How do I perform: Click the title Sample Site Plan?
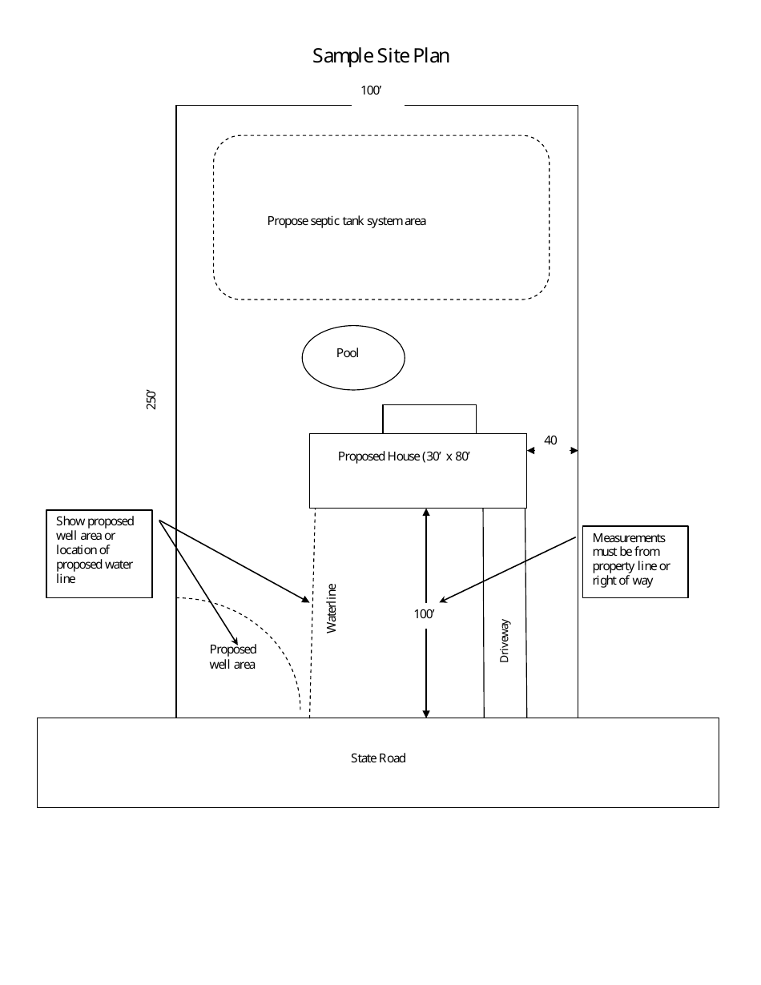(380, 55)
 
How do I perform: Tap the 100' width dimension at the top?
(370, 90)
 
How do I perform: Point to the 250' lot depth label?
(151, 400)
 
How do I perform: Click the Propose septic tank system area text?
(346, 221)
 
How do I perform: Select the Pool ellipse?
(352, 357)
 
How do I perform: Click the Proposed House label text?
(403, 456)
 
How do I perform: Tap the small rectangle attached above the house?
(429, 419)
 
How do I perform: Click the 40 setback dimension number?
(550, 440)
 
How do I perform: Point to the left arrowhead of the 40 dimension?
(530, 451)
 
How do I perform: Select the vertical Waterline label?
(332, 609)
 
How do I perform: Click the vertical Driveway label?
(505, 641)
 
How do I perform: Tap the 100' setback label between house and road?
(424, 614)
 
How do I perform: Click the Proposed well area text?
(233, 657)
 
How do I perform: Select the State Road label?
(378, 758)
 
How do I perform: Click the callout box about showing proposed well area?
(99, 553)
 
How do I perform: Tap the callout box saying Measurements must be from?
(634, 561)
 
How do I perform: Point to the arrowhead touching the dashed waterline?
(306, 599)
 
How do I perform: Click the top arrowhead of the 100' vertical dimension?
(426, 513)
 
